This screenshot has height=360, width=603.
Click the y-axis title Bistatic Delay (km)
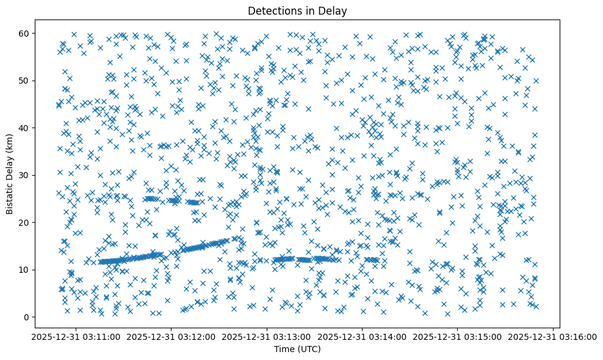[x=10, y=174]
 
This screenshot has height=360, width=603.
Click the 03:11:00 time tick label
[x=76, y=337]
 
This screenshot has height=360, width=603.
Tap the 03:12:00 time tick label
[x=172, y=337]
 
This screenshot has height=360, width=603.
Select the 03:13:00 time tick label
[x=267, y=337]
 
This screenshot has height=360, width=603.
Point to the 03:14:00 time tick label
[x=363, y=337]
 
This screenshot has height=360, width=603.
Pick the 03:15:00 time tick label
[x=458, y=337]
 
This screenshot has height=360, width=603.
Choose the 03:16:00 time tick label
[x=553, y=337]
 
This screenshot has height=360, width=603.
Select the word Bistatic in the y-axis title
[x=10, y=198]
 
